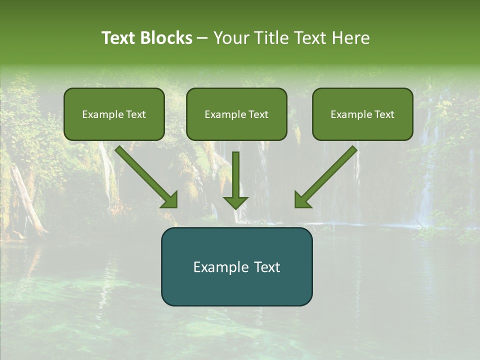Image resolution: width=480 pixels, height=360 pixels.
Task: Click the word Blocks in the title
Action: pyautogui.click(x=166, y=38)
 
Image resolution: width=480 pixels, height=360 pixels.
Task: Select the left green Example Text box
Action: pyautogui.click(x=114, y=114)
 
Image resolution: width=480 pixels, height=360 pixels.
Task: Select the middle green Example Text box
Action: pyautogui.click(x=236, y=114)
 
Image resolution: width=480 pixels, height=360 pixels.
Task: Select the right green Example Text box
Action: pyautogui.click(x=362, y=114)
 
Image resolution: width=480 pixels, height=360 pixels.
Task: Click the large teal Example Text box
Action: pyautogui.click(x=236, y=266)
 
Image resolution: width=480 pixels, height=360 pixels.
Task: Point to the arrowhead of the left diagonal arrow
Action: pyautogui.click(x=170, y=200)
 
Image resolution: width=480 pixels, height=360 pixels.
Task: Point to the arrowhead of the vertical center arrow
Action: pyautogui.click(x=235, y=202)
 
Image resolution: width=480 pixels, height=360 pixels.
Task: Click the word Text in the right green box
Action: pyautogui.click(x=384, y=114)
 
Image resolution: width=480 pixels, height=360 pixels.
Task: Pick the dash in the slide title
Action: pyautogui.click(x=202, y=38)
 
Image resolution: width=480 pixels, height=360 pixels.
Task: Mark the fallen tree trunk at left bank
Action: pyautogui.click(x=27, y=200)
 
